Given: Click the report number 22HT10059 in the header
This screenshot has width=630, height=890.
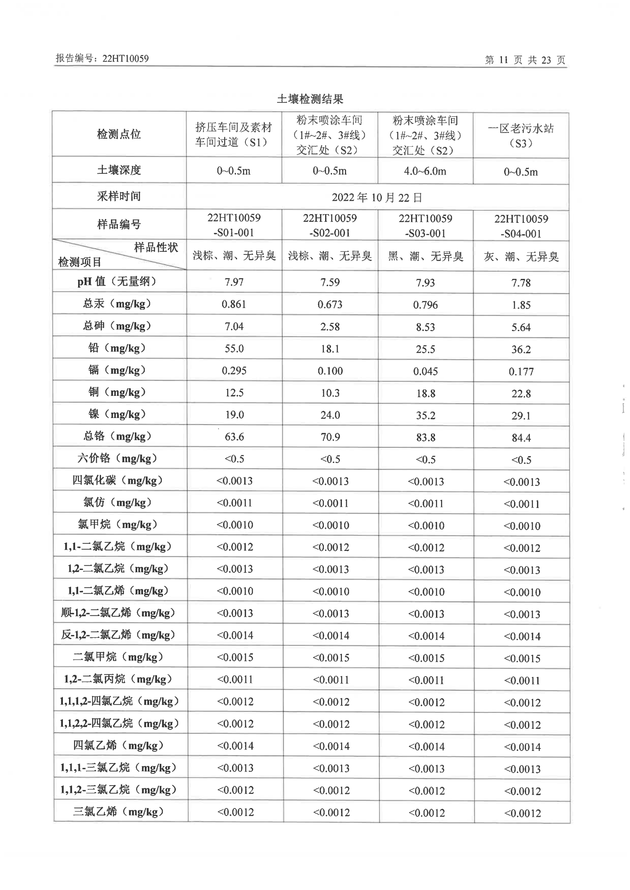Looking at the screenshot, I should pyautogui.click(x=125, y=59).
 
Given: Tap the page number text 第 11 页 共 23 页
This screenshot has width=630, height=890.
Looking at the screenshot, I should pyautogui.click(x=525, y=60).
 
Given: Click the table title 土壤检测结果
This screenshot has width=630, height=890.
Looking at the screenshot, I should pyautogui.click(x=310, y=99).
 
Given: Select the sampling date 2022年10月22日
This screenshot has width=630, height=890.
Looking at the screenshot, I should pyautogui.click(x=377, y=197).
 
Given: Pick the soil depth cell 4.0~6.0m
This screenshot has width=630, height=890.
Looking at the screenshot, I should pyautogui.click(x=425, y=171).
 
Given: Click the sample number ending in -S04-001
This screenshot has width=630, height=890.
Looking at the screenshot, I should pyautogui.click(x=521, y=234).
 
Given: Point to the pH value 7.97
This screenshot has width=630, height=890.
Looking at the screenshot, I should pyautogui.click(x=234, y=282).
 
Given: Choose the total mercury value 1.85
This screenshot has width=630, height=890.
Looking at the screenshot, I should pyautogui.click(x=521, y=305).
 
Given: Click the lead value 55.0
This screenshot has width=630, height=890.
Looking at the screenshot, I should pyautogui.click(x=234, y=348).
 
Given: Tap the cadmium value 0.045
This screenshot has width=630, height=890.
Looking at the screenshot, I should pyautogui.click(x=425, y=371).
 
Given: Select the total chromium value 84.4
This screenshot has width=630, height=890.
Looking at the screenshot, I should pyautogui.click(x=521, y=438).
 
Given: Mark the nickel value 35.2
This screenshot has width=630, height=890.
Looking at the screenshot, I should pyautogui.click(x=426, y=415).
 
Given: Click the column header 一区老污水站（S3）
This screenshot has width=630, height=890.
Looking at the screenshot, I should pyautogui.click(x=521, y=135).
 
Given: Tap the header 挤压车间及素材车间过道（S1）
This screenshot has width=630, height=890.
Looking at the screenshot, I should pyautogui.click(x=234, y=134).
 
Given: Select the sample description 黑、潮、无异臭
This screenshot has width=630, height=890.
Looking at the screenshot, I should pyautogui.click(x=425, y=256).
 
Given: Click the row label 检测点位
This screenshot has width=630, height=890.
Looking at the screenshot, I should pyautogui.click(x=119, y=134).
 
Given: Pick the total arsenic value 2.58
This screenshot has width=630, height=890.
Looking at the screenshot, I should pyautogui.click(x=330, y=327).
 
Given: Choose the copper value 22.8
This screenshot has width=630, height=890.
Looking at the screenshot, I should pyautogui.click(x=521, y=394).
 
